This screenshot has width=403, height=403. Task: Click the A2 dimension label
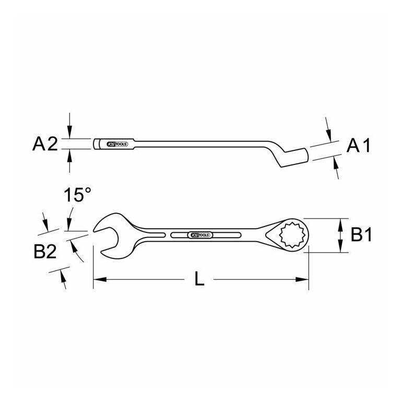click(x=45, y=144)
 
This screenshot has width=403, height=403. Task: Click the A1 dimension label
click(x=358, y=146)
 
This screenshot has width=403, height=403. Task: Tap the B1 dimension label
click(x=361, y=235)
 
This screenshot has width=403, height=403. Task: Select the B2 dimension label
click(x=45, y=252)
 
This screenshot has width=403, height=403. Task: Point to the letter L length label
click(x=199, y=279)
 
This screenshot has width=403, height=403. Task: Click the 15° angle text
click(x=77, y=195)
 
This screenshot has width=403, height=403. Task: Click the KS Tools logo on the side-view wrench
click(x=117, y=144)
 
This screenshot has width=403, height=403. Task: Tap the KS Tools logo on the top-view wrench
click(x=200, y=235)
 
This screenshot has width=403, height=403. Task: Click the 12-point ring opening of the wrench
click(x=293, y=235)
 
